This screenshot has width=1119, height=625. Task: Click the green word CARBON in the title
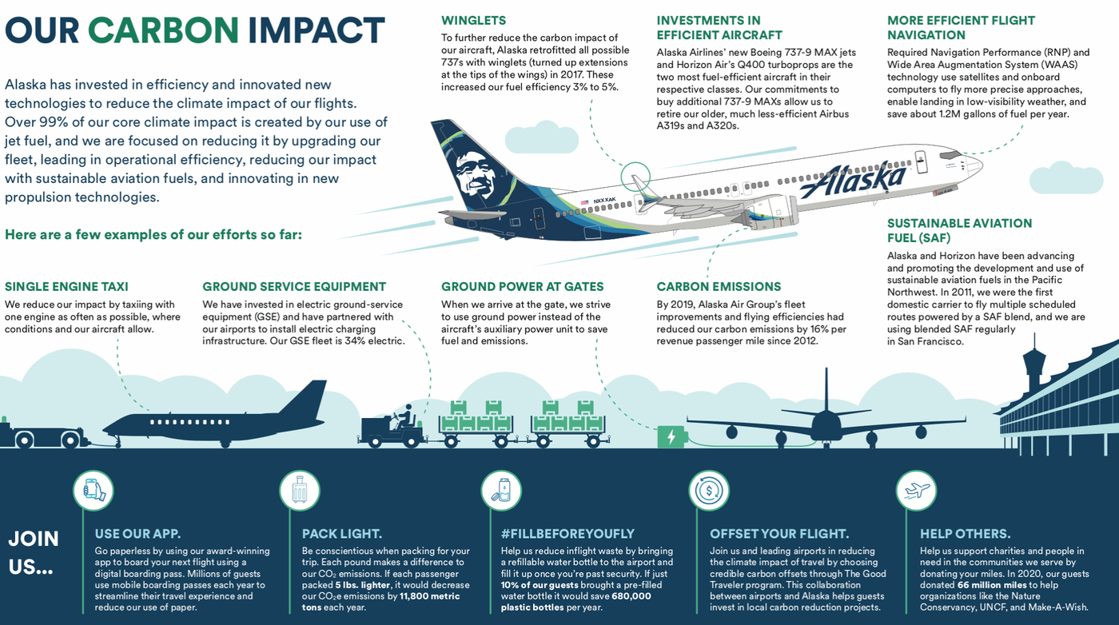(163, 31)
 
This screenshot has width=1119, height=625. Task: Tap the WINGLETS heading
(473, 21)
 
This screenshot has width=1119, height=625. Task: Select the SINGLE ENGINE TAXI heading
(66, 287)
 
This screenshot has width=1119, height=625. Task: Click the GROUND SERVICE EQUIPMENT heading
(294, 287)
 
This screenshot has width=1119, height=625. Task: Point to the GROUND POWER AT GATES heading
(523, 287)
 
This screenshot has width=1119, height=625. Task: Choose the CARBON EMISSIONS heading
(719, 287)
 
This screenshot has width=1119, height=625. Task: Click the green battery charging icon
(671, 436)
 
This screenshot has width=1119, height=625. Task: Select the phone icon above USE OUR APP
(94, 489)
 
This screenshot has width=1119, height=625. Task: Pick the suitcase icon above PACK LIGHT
(300, 489)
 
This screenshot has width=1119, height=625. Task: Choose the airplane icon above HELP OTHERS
(916, 489)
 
